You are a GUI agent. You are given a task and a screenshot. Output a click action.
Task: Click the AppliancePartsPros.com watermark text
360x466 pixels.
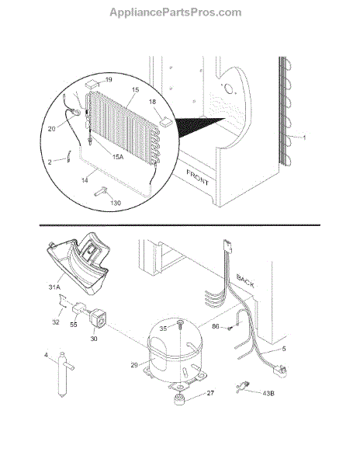point(175,12)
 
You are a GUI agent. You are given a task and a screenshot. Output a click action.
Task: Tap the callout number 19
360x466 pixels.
point(109,79)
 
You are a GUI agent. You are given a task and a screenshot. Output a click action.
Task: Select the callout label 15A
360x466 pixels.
point(118,157)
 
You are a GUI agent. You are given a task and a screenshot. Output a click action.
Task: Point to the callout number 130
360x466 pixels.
point(116,203)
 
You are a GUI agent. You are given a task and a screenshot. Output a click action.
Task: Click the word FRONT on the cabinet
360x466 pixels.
point(198,177)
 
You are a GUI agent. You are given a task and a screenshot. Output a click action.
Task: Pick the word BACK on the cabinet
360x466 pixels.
point(245,281)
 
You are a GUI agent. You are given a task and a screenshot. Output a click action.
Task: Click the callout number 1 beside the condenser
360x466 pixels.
point(304,137)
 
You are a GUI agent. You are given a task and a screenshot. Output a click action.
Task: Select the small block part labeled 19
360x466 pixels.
point(92,85)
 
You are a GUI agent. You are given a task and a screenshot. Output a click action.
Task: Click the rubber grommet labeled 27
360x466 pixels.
point(180,398)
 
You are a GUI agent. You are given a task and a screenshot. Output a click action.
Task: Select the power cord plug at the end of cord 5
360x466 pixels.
point(280,371)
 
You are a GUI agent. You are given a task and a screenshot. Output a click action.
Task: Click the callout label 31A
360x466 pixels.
point(54,287)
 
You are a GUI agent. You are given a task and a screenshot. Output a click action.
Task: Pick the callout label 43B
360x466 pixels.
point(268,393)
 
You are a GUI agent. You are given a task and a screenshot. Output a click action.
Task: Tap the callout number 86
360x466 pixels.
point(216,326)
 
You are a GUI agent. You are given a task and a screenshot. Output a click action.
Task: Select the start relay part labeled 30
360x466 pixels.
point(97,318)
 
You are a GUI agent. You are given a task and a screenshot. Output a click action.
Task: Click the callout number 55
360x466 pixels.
point(73,324)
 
